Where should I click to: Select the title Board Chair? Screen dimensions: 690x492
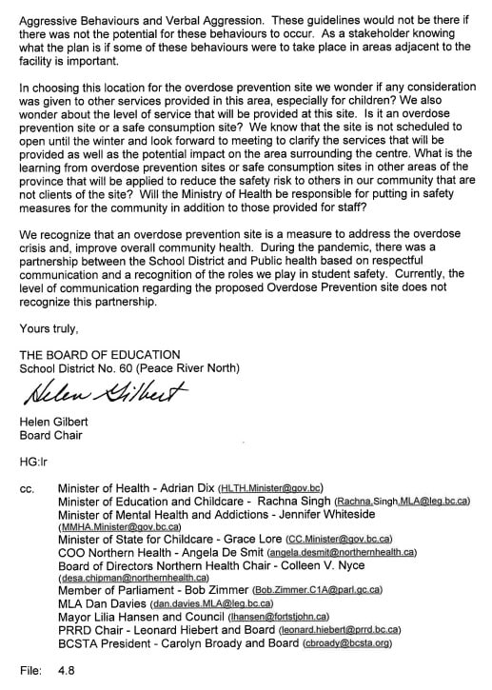pyautogui.click(x=51, y=436)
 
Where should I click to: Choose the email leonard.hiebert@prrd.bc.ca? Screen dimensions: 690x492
pyautogui.click(x=337, y=630)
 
